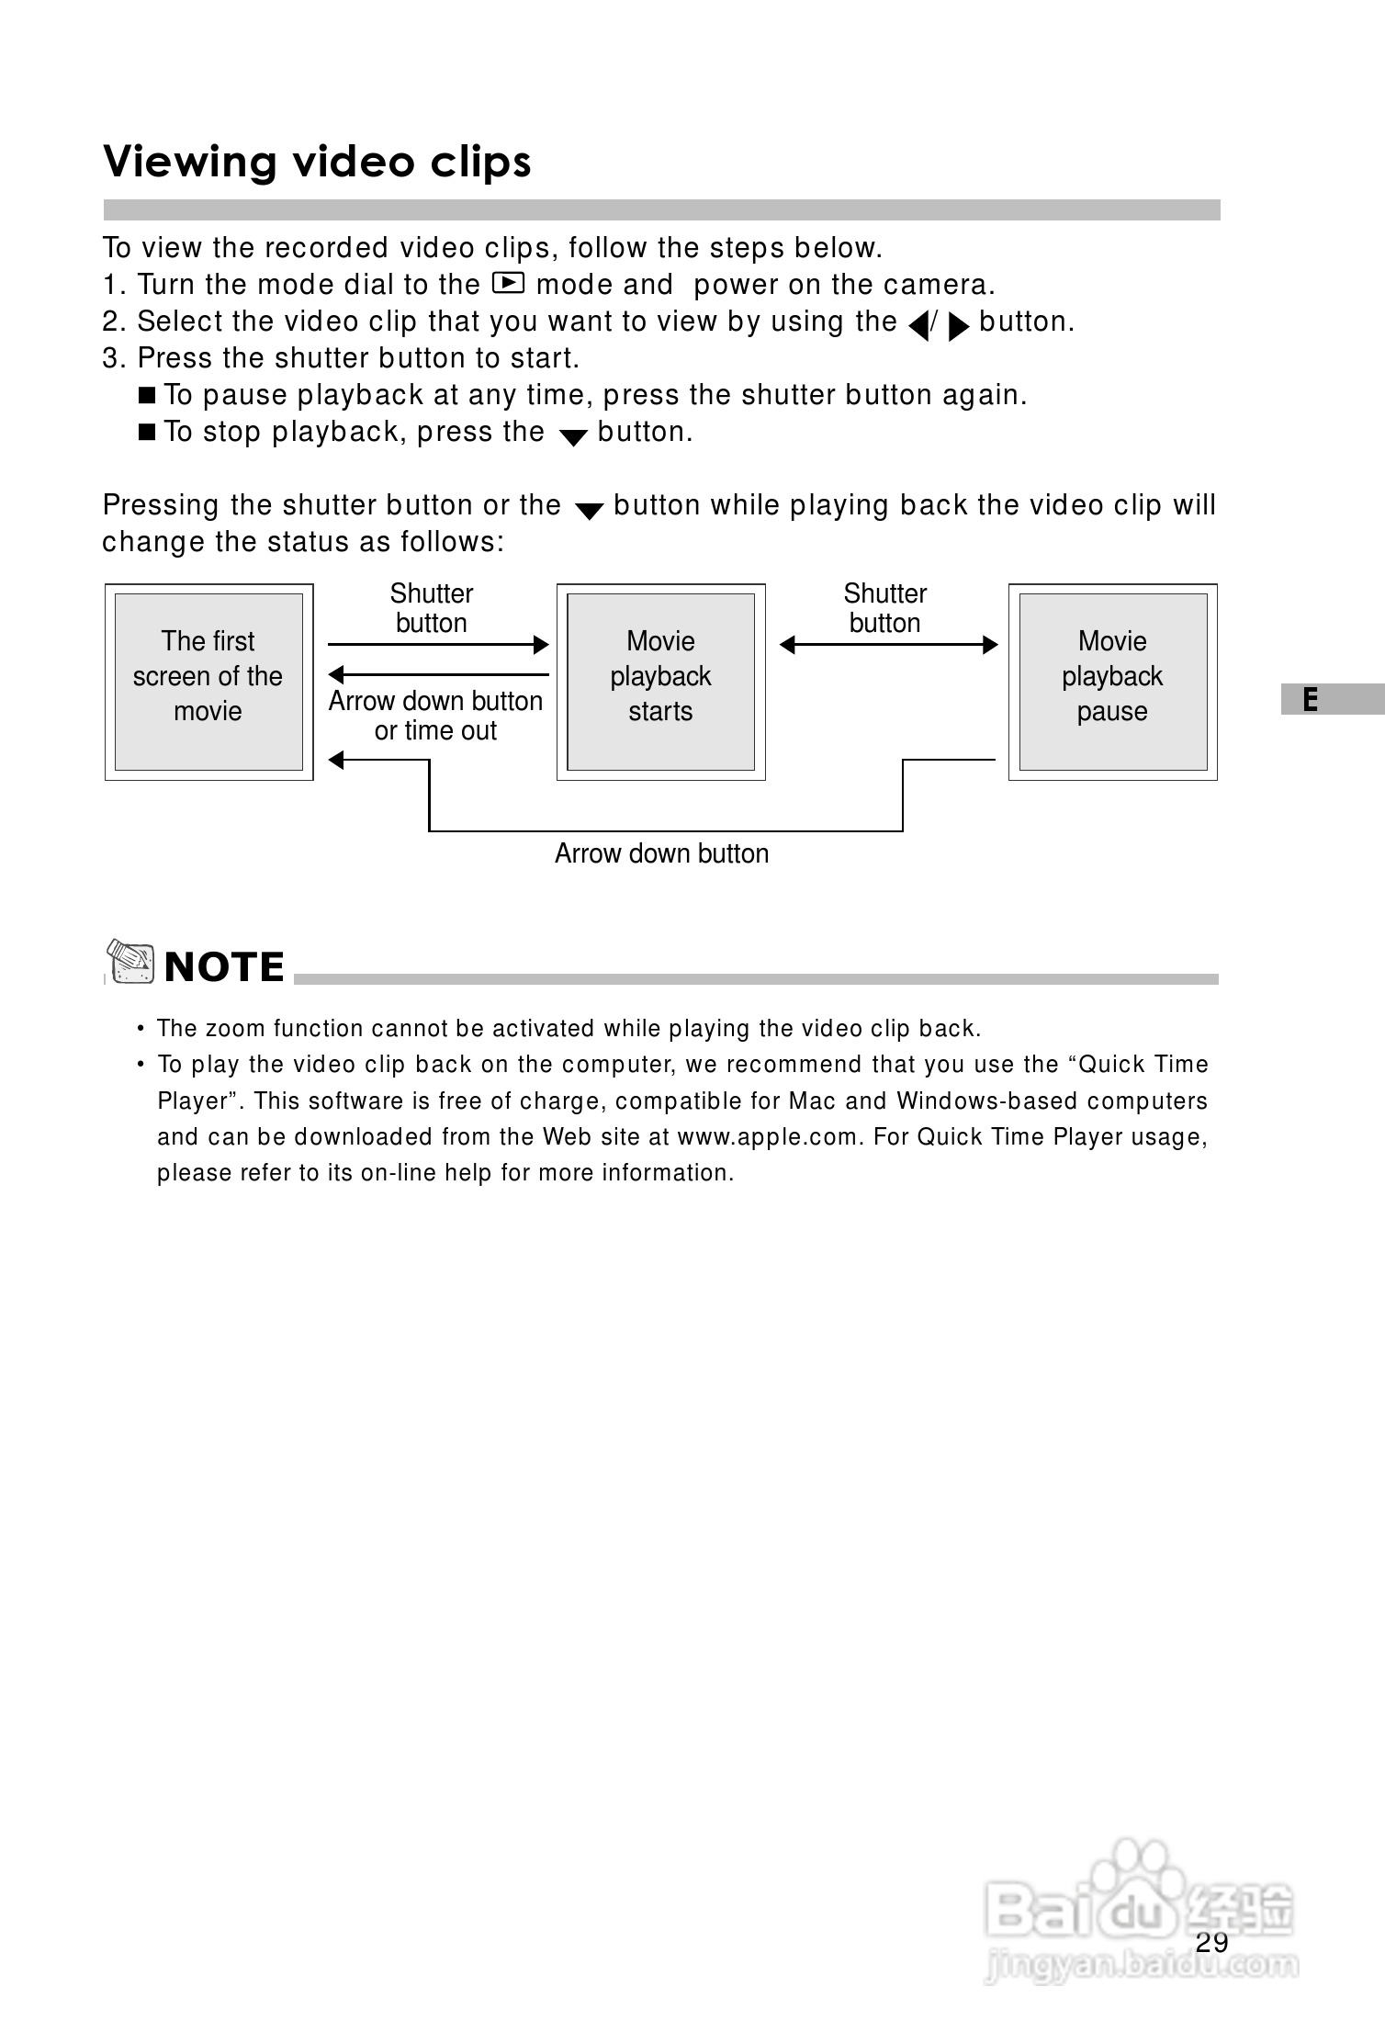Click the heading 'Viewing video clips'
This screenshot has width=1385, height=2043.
point(317,162)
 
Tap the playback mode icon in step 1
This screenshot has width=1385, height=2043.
point(508,283)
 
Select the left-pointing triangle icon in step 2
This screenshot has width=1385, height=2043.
point(918,324)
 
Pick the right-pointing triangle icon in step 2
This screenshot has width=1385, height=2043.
point(958,324)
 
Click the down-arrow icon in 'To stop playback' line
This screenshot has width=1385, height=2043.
point(572,437)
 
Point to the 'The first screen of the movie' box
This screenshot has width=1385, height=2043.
point(208,681)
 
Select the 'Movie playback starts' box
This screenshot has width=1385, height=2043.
point(660,681)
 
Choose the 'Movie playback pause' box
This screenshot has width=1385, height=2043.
point(1112,681)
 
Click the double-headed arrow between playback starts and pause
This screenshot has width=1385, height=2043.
point(888,645)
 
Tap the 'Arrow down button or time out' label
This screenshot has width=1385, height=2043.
point(435,716)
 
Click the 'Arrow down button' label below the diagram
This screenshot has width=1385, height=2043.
point(661,853)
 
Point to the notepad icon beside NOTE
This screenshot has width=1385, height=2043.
point(130,963)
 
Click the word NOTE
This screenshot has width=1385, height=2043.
point(224,967)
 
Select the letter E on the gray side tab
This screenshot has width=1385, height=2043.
point(1310,700)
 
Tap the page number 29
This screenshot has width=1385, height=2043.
point(1212,1942)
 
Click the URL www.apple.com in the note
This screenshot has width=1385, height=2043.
point(769,1137)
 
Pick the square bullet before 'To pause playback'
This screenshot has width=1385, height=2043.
point(147,395)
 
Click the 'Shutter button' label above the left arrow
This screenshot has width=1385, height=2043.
point(431,607)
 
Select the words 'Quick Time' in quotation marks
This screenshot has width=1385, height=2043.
point(1143,1065)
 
